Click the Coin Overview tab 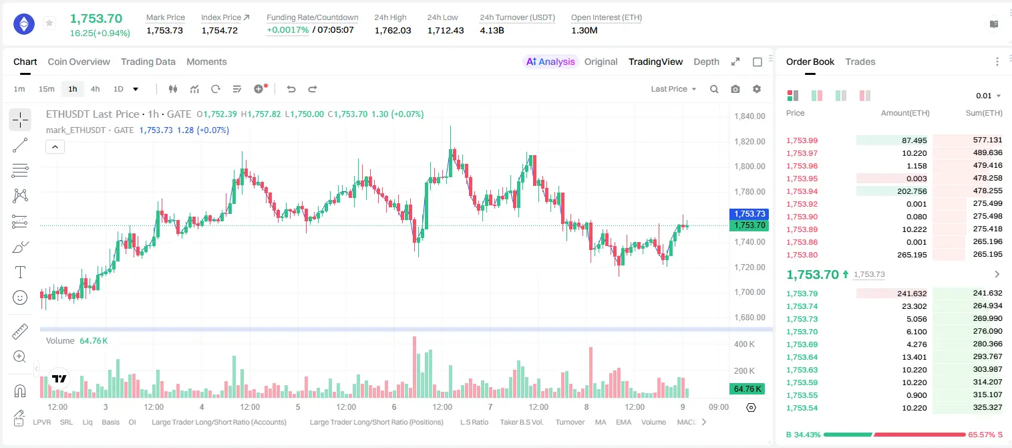(79, 62)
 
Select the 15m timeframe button (46, 89)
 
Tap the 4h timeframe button (95, 89)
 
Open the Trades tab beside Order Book (860, 62)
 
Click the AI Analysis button (550, 62)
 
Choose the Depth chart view (706, 62)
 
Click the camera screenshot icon (735, 89)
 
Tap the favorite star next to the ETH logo (49, 23)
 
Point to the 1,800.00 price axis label (749, 166)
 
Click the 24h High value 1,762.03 (393, 30)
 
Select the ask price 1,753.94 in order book (802, 191)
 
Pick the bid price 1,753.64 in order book (802, 357)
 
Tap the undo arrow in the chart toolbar (291, 89)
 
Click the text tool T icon (20, 272)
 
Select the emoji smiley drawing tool (20, 298)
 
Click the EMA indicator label (623, 422)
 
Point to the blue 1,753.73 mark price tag (749, 214)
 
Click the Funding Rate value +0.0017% (288, 30)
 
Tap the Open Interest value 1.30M (584, 30)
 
